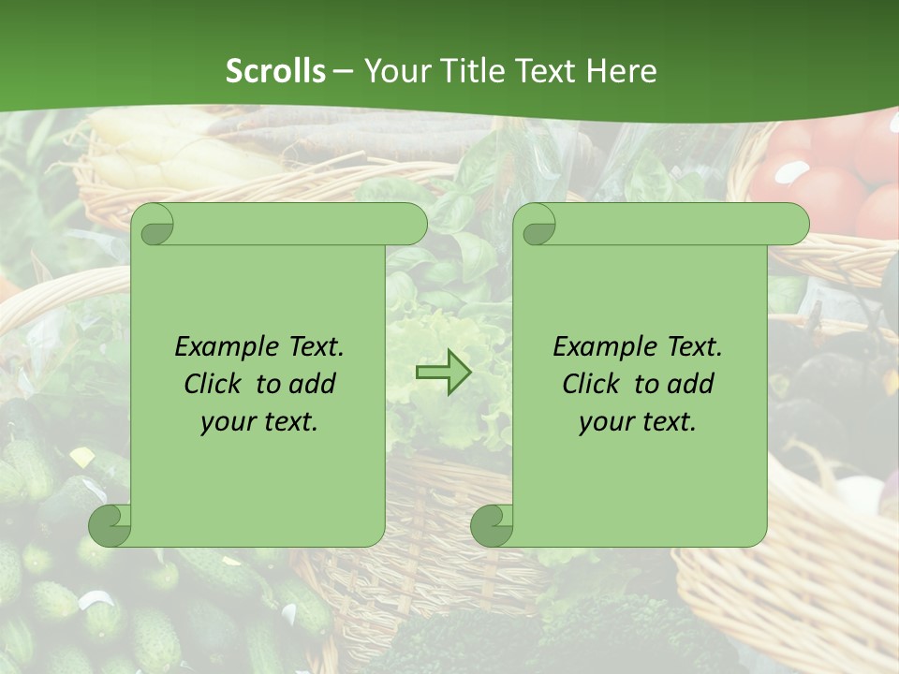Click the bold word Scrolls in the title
coord(275,70)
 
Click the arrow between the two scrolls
coord(443,372)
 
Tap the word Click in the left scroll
coord(213,384)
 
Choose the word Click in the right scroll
coord(591,384)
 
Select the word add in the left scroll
coord(314,384)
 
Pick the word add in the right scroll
coord(692,384)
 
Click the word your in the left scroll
coord(225,422)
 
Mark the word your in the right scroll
coord(603,422)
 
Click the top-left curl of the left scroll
coord(154,225)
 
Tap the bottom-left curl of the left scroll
coord(111,524)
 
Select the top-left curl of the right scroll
coord(536,225)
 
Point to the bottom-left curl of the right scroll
coord(493,524)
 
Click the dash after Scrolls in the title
coord(344,70)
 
